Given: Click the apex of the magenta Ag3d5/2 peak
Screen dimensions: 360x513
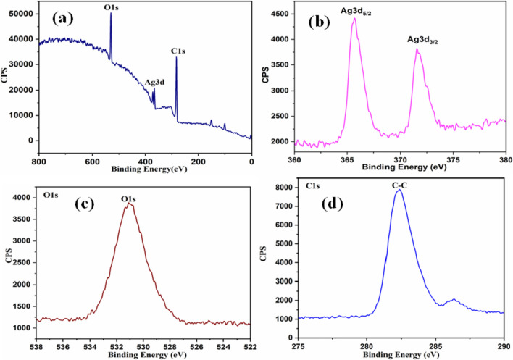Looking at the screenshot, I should [x=354, y=19].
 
